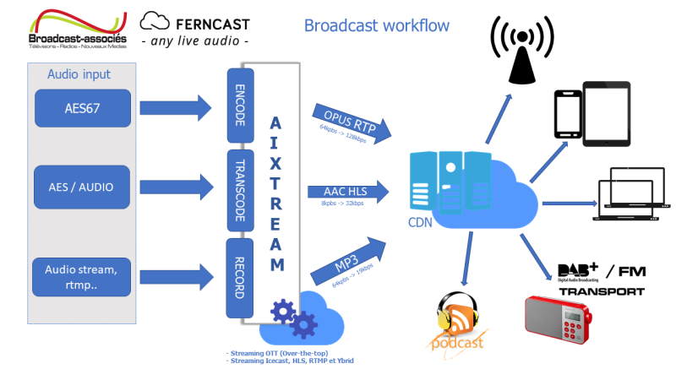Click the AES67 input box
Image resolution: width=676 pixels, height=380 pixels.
click(83, 107)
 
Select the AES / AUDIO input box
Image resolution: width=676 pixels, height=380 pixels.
click(83, 187)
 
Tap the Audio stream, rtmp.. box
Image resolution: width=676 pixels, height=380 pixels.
click(83, 277)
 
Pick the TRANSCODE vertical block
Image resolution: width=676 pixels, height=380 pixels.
click(239, 191)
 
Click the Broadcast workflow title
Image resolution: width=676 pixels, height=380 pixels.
click(377, 24)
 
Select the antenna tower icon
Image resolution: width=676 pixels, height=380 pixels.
click(521, 51)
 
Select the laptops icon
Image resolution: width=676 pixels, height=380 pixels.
click(630, 193)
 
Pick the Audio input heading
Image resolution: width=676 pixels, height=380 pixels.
click(78, 74)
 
